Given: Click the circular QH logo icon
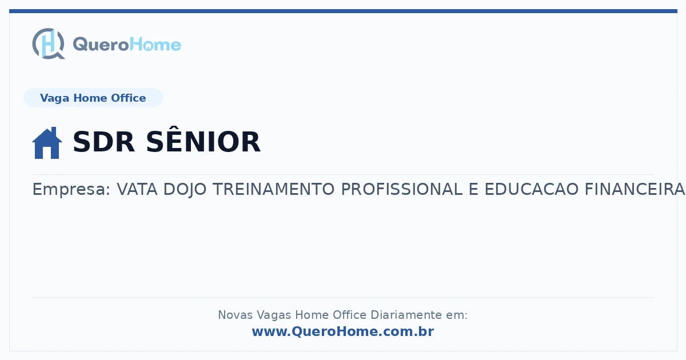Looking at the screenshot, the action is (49, 43).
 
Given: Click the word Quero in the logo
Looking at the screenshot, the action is (101, 45).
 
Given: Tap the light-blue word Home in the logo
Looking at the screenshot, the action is (155, 45).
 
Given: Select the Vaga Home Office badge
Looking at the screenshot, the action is (93, 98).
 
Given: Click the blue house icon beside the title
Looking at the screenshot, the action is (47, 143).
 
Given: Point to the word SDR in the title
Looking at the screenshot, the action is (104, 142).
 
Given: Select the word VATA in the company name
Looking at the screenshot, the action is (137, 189).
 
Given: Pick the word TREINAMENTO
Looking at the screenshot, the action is (273, 189).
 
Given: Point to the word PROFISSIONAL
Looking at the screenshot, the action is (401, 189).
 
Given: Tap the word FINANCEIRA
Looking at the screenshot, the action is (635, 189).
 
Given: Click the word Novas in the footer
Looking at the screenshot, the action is (235, 315).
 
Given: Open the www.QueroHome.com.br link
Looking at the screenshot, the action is (343, 331).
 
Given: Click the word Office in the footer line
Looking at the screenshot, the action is (349, 315).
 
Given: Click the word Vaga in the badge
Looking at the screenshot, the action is (54, 98).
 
